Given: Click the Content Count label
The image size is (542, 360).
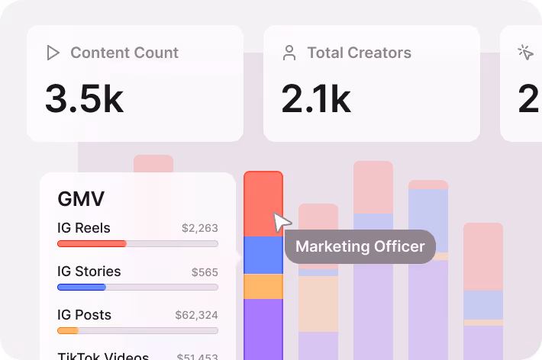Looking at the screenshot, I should [124, 53].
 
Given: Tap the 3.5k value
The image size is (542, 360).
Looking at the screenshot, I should [84, 99].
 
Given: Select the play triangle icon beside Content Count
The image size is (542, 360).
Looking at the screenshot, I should [53, 53].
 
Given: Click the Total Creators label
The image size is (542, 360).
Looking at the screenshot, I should [359, 53].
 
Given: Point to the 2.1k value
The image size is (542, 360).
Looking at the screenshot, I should [316, 99].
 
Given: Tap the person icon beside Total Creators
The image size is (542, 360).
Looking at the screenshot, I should [289, 53].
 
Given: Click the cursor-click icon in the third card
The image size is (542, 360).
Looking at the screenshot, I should [525, 52].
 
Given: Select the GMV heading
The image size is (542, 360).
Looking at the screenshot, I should [81, 199].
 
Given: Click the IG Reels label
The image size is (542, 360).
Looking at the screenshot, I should [84, 228].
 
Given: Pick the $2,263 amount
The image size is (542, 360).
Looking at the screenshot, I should [199, 228].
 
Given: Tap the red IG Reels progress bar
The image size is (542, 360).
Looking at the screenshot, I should [92, 243].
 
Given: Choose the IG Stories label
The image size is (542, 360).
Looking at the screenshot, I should [89, 272].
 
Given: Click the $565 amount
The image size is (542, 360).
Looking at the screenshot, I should [204, 272].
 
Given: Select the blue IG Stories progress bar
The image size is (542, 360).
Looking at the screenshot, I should [82, 287].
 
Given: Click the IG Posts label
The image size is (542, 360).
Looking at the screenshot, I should [84, 315].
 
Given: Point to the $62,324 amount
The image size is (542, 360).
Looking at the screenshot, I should [196, 315].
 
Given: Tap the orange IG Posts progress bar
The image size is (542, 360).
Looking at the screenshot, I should [68, 330].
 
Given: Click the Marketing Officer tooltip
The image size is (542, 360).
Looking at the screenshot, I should [360, 247].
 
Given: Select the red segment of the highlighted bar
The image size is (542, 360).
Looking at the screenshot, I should [263, 204].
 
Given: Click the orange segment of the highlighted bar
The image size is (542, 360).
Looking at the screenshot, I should [263, 286].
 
